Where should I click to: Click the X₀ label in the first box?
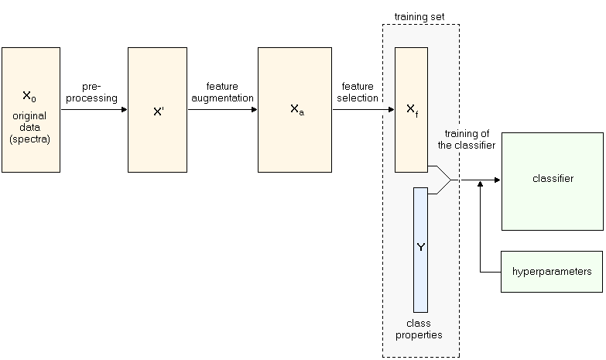(x=29, y=97)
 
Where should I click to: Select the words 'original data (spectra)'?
(x=29, y=127)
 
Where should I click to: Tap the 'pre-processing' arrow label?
(x=94, y=93)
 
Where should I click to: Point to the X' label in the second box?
(x=158, y=111)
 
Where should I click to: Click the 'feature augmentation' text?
(x=223, y=93)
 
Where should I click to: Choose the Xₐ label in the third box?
(x=296, y=110)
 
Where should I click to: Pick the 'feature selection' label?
(x=357, y=93)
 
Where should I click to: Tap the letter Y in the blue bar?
(x=420, y=248)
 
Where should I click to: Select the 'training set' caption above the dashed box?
(x=419, y=16)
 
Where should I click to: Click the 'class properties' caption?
(x=419, y=329)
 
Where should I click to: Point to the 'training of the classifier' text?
(x=470, y=139)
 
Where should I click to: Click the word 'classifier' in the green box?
(x=553, y=179)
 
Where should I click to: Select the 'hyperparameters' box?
(x=552, y=272)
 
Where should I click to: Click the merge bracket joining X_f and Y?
(x=443, y=180)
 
